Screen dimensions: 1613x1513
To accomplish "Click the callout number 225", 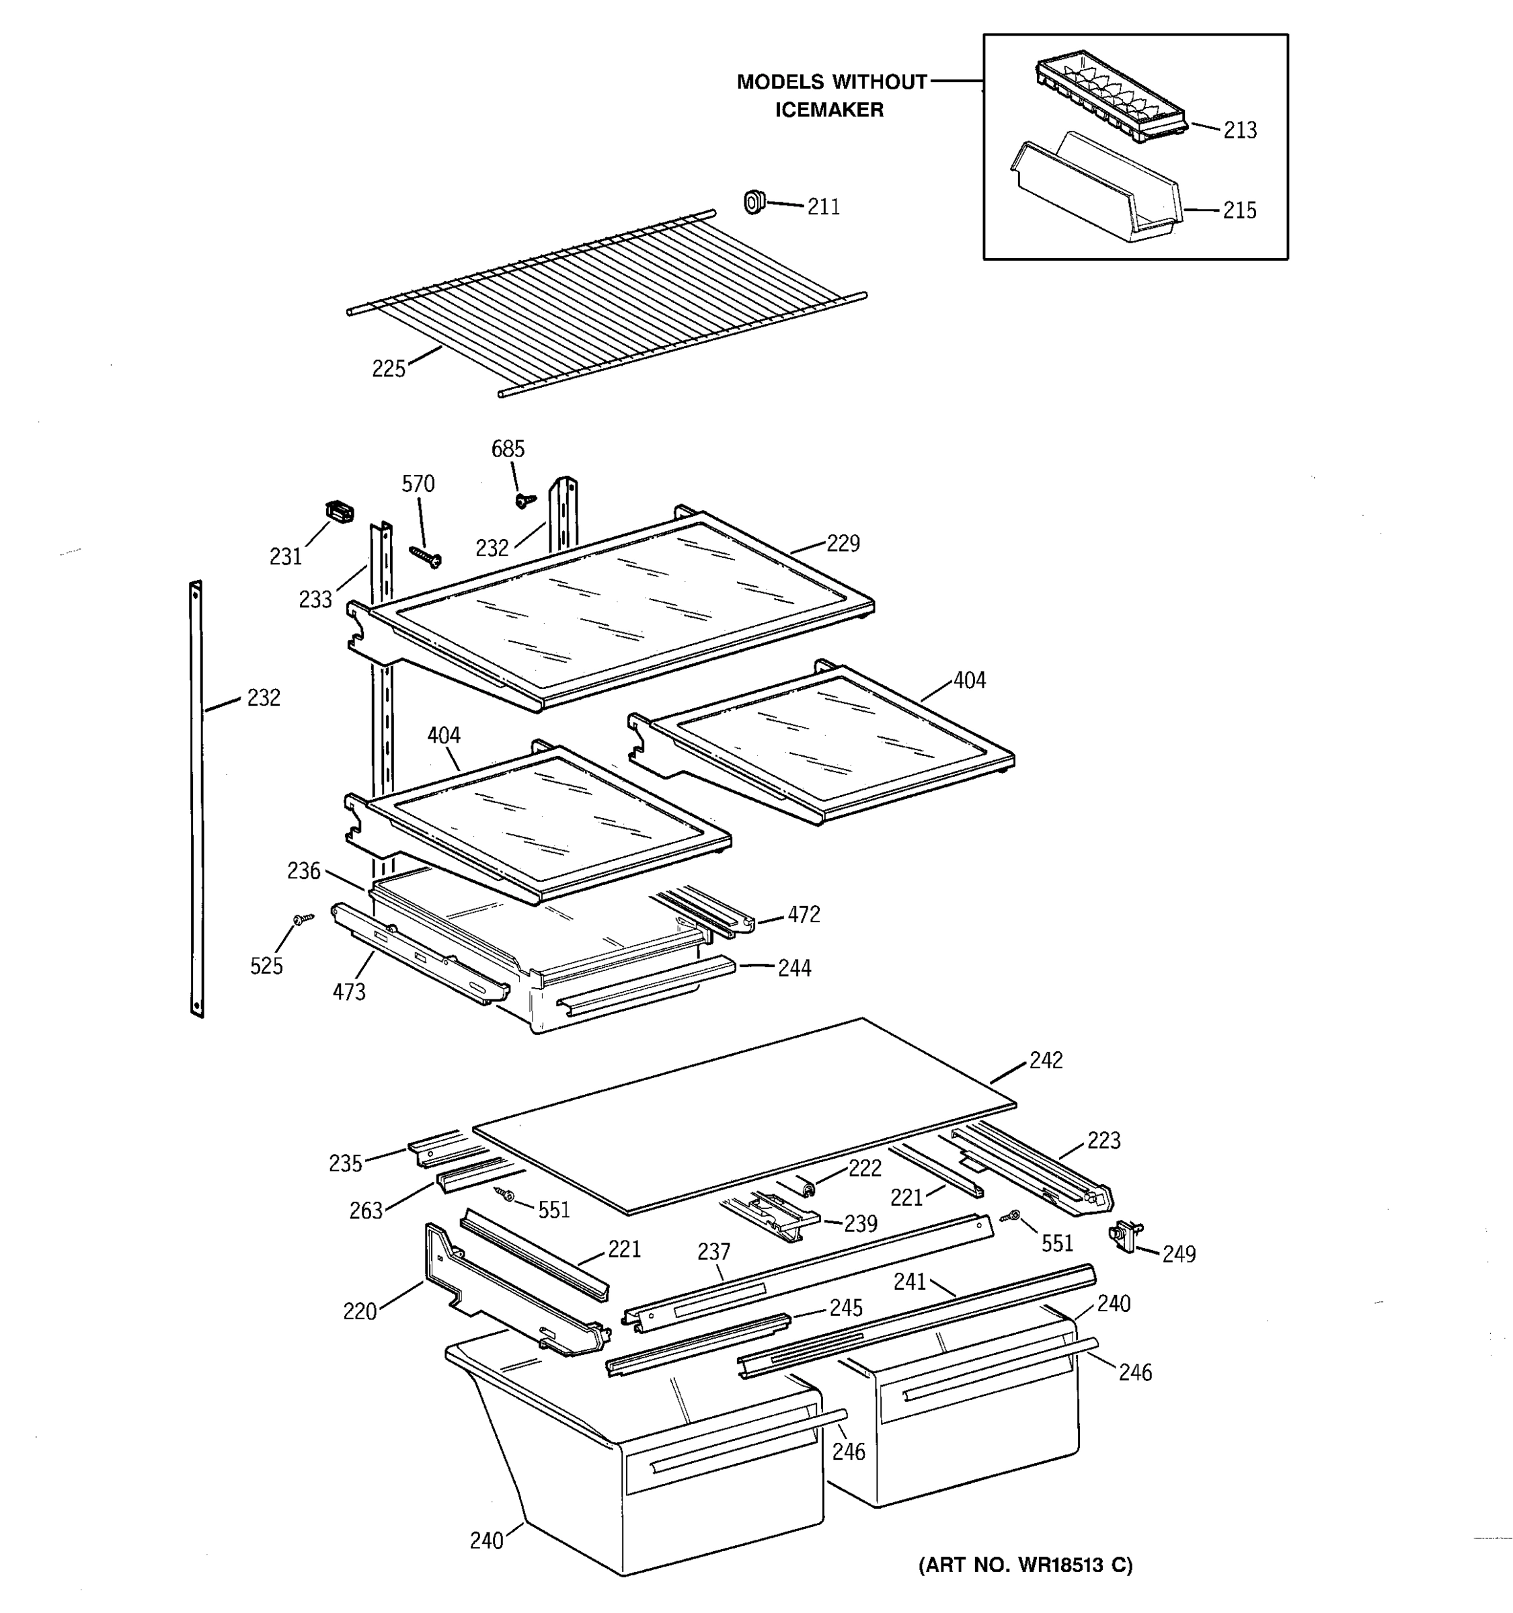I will [x=388, y=369].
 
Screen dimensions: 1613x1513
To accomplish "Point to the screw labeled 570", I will [x=426, y=556].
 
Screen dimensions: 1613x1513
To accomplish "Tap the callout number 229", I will [x=843, y=544].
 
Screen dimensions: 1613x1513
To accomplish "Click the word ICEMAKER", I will [x=828, y=110].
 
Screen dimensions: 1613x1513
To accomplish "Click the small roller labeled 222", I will [x=807, y=1189].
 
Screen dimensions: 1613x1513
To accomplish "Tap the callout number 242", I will [x=1046, y=1061].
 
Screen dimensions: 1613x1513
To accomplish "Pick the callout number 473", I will [x=349, y=991].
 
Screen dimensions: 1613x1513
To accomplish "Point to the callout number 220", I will [x=359, y=1311].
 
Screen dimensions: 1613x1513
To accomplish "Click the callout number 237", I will [x=713, y=1252].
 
